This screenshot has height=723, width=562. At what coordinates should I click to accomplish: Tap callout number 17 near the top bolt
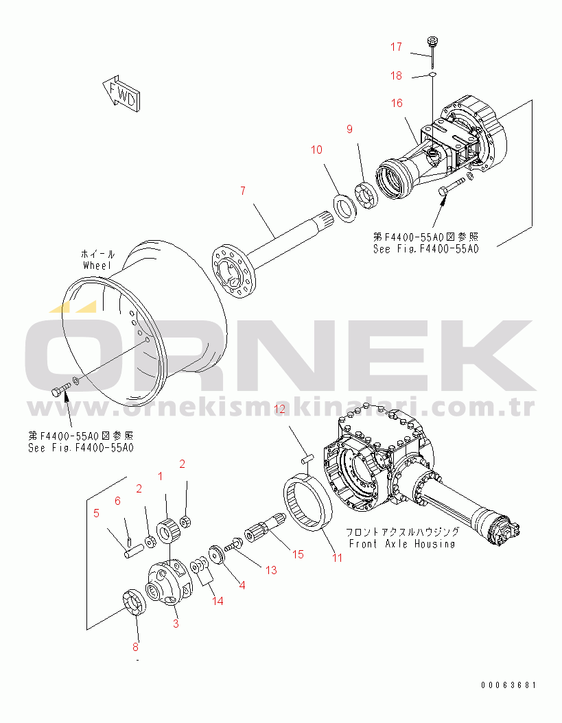(x=397, y=47)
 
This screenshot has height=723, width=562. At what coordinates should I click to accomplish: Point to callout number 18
(x=397, y=75)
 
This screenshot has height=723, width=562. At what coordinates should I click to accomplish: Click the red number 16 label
(x=397, y=103)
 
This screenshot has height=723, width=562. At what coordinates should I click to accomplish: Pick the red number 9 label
(x=349, y=128)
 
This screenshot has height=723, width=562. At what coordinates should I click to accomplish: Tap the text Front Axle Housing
(x=401, y=543)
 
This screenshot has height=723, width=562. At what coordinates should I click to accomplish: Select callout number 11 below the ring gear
(x=337, y=558)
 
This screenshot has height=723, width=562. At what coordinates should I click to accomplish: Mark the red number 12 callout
(x=280, y=410)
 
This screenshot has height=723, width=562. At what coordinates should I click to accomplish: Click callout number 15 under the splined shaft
(x=298, y=554)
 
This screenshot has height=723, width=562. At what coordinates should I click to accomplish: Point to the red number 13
(x=271, y=570)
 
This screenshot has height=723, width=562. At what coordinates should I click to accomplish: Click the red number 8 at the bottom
(x=135, y=647)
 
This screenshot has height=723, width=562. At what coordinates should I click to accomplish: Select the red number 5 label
(x=96, y=512)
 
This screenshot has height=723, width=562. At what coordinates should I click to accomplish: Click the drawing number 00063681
(x=508, y=685)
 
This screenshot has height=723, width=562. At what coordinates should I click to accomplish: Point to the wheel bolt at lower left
(x=59, y=391)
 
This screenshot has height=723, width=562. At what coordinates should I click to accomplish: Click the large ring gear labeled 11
(x=309, y=505)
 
